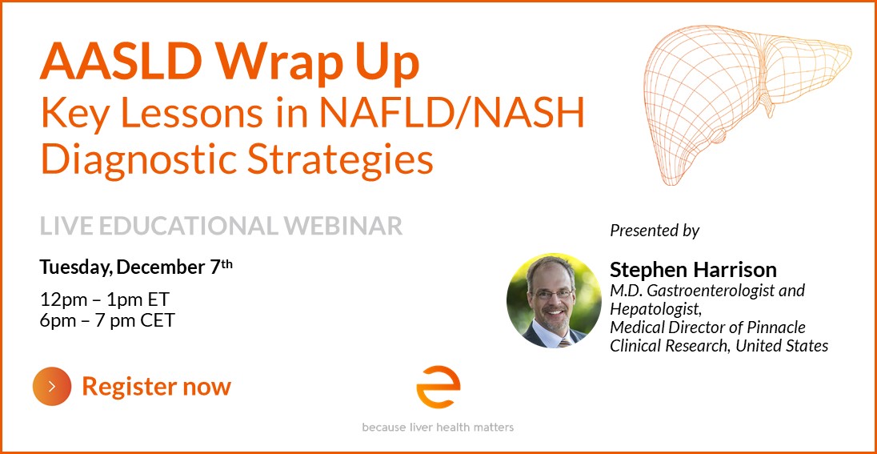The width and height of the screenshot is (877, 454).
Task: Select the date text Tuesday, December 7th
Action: click(136, 267)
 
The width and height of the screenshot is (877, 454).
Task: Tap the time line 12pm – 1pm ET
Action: click(105, 300)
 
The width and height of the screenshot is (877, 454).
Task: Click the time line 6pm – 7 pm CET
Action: click(107, 320)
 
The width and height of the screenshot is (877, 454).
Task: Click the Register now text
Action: click(156, 387)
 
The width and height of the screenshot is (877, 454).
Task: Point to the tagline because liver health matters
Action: click(438, 427)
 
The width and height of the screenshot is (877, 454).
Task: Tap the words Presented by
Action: click(655, 231)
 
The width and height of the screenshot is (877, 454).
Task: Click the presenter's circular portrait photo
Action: click(554, 300)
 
